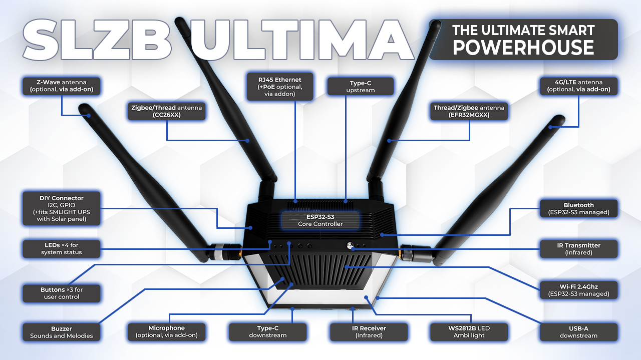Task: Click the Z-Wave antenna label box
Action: (62, 86)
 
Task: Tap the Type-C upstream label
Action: (361, 86)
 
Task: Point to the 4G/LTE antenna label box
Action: (578, 86)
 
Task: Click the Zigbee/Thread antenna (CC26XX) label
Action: (167, 111)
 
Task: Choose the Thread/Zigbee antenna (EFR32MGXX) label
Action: (469, 111)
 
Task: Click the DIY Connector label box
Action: (62, 208)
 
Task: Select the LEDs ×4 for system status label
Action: (62, 248)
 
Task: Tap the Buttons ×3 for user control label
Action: (62, 293)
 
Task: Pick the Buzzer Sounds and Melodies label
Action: (62, 332)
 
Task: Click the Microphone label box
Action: (167, 332)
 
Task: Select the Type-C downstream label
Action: (267, 332)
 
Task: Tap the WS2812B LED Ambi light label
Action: (469, 332)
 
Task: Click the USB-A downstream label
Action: (578, 332)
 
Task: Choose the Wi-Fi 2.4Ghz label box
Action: (578, 290)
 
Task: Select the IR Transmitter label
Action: (578, 248)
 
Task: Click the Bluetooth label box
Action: (578, 208)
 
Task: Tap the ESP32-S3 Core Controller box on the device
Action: (320, 220)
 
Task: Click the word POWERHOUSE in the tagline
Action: (523, 48)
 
